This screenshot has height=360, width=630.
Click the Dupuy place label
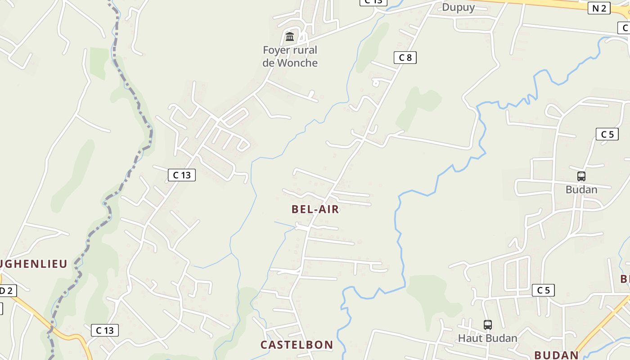pyautogui.click(x=458, y=7)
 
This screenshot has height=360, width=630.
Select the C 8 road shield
pyautogui.click(x=405, y=57)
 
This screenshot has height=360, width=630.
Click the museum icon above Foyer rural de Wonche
pyautogui.click(x=290, y=36)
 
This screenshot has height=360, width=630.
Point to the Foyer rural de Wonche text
pyautogui.click(x=290, y=56)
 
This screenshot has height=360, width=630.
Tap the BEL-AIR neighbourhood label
pyautogui.click(x=315, y=209)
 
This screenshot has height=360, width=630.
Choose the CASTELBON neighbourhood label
pyautogui.click(x=297, y=345)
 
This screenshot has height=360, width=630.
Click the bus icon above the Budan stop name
pyautogui.click(x=581, y=176)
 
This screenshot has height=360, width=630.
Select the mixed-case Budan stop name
pyautogui.click(x=581, y=189)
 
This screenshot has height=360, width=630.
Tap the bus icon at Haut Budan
pyautogui.click(x=487, y=324)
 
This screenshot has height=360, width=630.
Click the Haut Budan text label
pyautogui.click(x=487, y=337)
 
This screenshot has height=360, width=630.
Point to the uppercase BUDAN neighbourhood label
pyautogui.click(x=556, y=355)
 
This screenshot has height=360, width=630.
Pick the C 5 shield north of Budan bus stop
pyautogui.click(x=607, y=134)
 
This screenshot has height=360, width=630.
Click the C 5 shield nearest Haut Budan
pyautogui.click(x=543, y=290)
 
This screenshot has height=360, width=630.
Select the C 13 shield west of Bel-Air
pyautogui.click(x=182, y=175)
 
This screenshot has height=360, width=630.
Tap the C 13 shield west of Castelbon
pyautogui.click(x=105, y=330)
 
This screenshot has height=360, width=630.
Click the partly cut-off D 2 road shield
pyautogui.click(x=6, y=290)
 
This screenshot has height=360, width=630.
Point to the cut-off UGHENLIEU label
pyautogui.click(x=34, y=264)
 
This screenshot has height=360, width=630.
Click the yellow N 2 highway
pyautogui.click(x=540, y=4)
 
